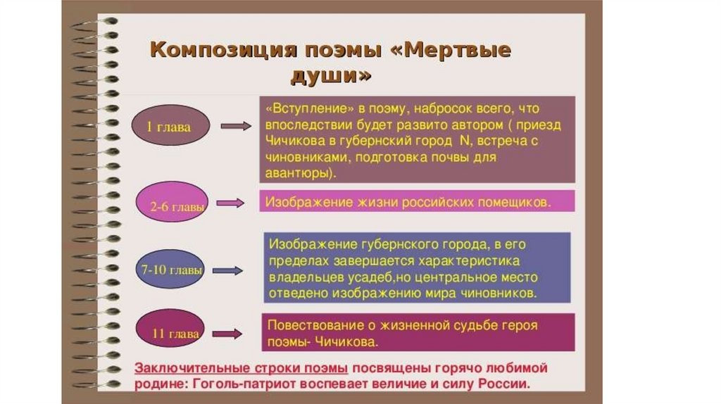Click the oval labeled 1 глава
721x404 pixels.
click(x=169, y=127)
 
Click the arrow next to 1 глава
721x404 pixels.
click(x=235, y=127)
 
